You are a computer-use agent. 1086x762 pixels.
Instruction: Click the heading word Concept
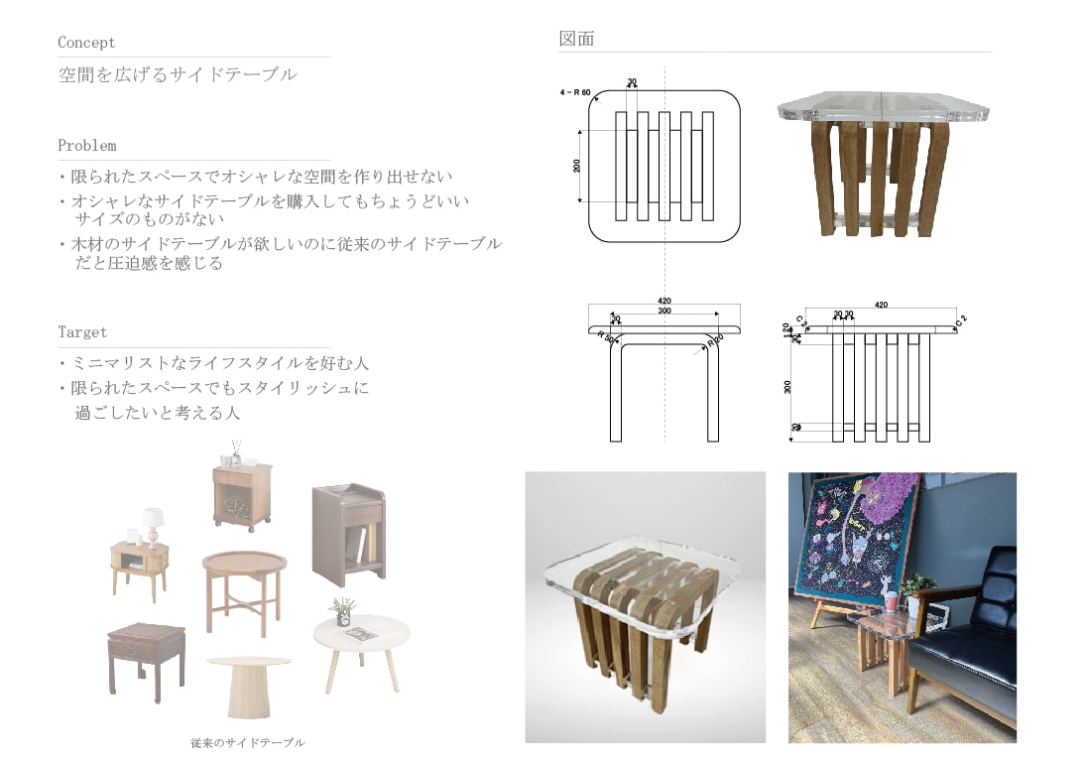tap(86, 43)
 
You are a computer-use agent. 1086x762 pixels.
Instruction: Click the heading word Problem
tap(86, 146)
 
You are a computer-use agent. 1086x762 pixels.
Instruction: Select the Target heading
tap(82, 332)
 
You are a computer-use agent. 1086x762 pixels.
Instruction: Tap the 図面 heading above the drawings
tap(576, 39)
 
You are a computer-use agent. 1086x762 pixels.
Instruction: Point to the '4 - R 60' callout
tap(575, 92)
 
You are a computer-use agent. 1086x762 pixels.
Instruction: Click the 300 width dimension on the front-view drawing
tap(664, 312)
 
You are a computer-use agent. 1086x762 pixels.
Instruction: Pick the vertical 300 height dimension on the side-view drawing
tap(787, 387)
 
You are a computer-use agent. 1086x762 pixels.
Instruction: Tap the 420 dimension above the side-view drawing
tap(880, 306)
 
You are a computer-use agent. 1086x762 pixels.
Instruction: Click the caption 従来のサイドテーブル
tap(248, 742)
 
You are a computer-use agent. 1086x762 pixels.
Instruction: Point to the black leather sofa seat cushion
tap(962, 665)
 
